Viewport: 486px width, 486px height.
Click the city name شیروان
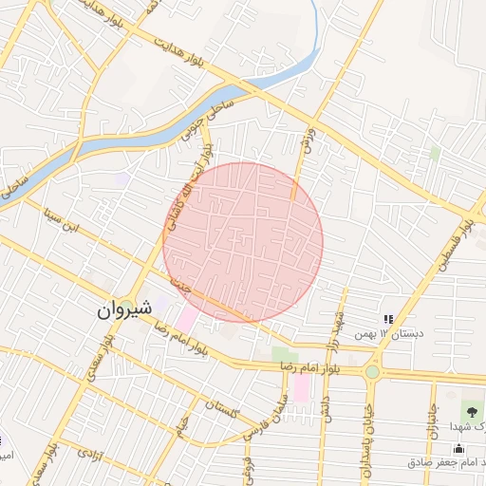122,309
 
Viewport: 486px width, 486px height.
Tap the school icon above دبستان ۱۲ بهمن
387,320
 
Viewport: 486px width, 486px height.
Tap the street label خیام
180,429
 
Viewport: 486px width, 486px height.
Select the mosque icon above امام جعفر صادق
459,448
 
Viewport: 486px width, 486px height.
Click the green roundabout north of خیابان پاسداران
371,371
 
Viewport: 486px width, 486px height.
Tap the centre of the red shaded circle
243,242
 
